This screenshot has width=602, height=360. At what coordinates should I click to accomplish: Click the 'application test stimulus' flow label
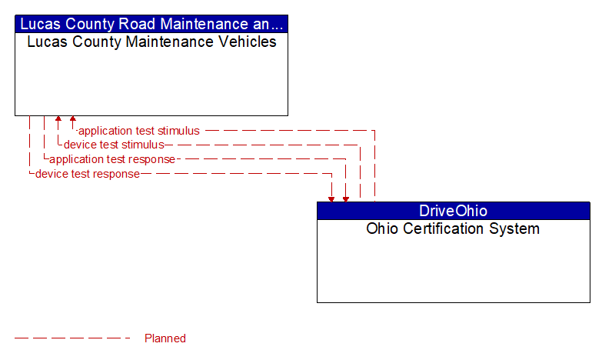[139, 131]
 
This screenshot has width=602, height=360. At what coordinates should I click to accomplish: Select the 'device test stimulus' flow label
[114, 145]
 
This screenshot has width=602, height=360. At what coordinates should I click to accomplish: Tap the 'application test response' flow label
[112, 159]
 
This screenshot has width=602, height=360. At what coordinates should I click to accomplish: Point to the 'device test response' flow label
[88, 174]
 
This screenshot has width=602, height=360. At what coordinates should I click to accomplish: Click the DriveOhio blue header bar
[453, 211]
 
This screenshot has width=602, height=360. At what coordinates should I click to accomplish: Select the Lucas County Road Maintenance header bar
[151, 23]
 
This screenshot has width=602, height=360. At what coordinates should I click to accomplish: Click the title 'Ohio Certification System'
[453, 229]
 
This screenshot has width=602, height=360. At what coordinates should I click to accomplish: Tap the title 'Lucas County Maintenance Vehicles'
[151, 42]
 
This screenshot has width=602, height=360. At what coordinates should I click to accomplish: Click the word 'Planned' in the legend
[165, 338]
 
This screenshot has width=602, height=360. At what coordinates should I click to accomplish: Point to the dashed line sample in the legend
[73, 338]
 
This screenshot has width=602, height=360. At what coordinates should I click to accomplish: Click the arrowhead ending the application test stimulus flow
[73, 120]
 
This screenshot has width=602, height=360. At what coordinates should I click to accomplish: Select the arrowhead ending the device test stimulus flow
[58, 120]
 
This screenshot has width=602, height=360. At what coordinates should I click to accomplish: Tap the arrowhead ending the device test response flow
[331, 198]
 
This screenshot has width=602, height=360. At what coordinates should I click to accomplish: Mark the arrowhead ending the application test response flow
[346, 198]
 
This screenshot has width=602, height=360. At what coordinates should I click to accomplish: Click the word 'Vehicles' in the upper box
[248, 42]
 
